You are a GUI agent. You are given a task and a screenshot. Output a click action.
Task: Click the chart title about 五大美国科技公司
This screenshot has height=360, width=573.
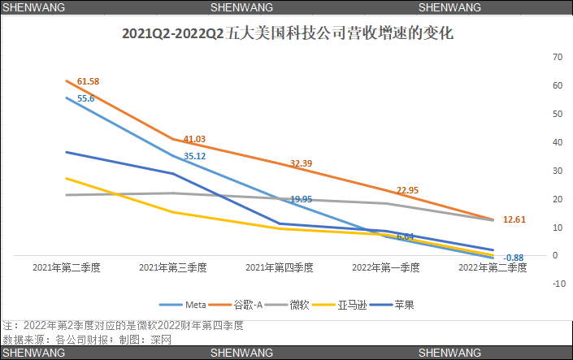[x=287, y=35]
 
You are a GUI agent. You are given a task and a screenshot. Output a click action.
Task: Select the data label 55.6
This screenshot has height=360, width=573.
[x=86, y=98]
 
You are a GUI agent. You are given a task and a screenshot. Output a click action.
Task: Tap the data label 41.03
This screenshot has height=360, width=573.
[x=194, y=139]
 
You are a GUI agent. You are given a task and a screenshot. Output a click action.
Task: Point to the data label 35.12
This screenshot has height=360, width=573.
[x=194, y=156]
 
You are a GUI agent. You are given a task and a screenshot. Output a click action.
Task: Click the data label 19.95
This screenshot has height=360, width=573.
[x=301, y=199]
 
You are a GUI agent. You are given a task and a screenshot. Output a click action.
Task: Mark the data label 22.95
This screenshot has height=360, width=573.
[x=407, y=190]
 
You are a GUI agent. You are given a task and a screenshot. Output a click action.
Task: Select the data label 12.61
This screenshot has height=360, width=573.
[x=514, y=219]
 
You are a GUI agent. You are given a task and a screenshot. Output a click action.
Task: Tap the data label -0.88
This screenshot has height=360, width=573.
[x=513, y=258]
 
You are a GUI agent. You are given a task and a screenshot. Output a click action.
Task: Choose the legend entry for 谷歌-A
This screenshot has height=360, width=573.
[x=247, y=305]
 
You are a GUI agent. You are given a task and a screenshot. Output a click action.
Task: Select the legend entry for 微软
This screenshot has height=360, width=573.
[x=299, y=305]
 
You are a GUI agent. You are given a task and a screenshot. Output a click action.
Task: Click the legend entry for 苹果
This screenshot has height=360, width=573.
[x=403, y=305]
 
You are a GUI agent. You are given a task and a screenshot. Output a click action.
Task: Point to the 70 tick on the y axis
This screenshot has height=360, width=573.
[x=558, y=57]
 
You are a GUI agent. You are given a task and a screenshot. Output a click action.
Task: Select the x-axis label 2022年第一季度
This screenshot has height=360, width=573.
[x=386, y=267]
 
